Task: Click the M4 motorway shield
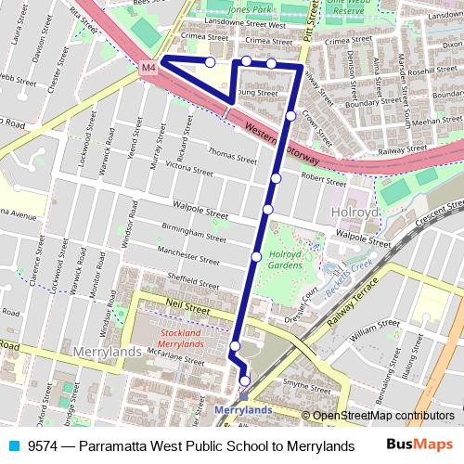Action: pos(149,68)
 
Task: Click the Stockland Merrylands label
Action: pos(181,338)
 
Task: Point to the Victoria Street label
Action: pos(188,167)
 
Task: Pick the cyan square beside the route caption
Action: pos(12,445)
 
